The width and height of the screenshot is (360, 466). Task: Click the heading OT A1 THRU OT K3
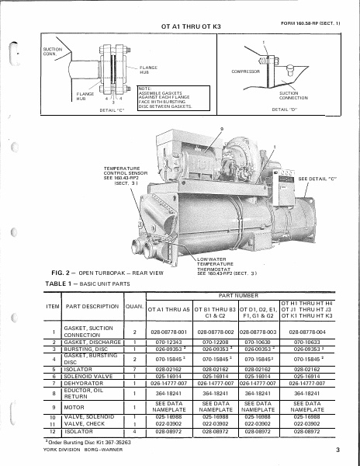click(x=191, y=26)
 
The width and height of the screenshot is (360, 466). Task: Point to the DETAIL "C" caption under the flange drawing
click(x=112, y=110)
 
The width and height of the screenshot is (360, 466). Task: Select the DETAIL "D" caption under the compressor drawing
click(x=285, y=110)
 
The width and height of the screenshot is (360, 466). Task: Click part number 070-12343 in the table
click(x=168, y=342)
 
